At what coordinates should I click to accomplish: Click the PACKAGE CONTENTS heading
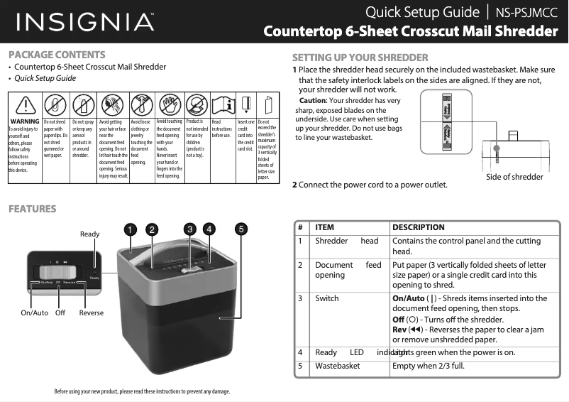tap(57, 55)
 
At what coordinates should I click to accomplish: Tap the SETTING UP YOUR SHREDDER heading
tap(360, 58)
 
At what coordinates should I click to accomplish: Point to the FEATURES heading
tap(32, 209)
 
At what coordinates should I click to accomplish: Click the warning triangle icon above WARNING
tap(26, 105)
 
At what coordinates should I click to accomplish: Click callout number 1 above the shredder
tap(131, 229)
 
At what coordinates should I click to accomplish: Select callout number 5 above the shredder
tap(242, 229)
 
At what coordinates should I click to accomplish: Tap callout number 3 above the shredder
tap(189, 229)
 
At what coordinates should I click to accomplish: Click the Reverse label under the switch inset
tap(92, 313)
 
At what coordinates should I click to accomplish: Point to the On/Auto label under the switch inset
tap(34, 313)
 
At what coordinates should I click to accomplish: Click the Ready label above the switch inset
tap(90, 234)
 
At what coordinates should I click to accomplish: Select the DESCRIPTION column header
tap(419, 227)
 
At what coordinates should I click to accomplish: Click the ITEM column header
tap(324, 227)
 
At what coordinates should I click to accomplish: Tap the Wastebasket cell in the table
tap(338, 366)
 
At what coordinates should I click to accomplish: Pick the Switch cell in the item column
tap(327, 298)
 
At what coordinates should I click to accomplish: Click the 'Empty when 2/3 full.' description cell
tap(429, 366)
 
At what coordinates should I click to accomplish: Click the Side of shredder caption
tap(514, 177)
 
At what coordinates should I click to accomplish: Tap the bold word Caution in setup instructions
tap(313, 100)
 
